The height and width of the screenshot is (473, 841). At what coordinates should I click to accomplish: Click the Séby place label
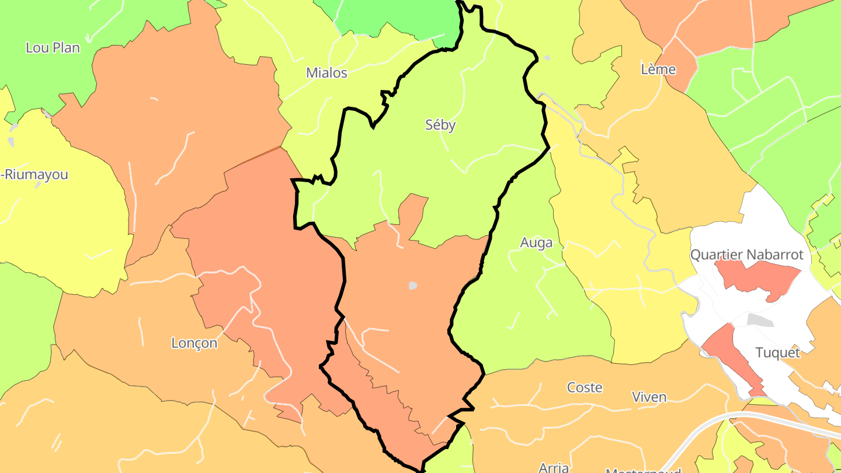440,125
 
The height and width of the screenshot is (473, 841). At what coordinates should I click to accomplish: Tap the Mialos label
326,73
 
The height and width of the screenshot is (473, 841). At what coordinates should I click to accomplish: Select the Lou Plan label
53,48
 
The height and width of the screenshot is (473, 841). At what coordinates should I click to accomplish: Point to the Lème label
658,69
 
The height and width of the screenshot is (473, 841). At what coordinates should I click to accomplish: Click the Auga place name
536,242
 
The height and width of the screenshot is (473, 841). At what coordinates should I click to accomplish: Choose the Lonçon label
194,343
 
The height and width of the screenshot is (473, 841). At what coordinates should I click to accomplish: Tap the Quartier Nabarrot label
747,255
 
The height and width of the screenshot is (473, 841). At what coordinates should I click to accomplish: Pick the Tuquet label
777,353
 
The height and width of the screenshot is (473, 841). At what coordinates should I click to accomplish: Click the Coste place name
585,387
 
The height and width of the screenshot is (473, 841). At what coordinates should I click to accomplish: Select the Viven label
649,397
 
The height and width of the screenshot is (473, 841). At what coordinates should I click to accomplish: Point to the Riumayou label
35,175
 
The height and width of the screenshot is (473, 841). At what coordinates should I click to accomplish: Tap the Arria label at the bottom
554,467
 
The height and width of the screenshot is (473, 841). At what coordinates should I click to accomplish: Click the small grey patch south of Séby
413,286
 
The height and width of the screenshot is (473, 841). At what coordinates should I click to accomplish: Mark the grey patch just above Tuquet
760,320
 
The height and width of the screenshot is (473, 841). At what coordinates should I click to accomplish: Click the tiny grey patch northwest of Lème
547,58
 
